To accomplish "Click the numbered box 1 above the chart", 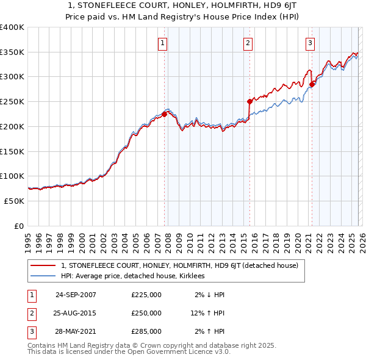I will point(163,43).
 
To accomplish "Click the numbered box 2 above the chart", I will point(248,43).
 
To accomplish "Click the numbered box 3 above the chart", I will point(310,43).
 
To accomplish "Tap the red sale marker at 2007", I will point(164,113).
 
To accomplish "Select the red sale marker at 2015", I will point(249,101).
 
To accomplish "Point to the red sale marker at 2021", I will point(312,84).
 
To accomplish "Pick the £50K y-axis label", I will point(14,201).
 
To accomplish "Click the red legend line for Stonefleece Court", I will point(43,265).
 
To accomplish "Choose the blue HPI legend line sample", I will point(43,276).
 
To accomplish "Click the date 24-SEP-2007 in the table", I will point(76,295).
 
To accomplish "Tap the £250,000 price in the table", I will point(146,313).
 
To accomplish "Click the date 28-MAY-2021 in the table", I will point(76,331).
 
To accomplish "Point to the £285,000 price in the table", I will point(146,331).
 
